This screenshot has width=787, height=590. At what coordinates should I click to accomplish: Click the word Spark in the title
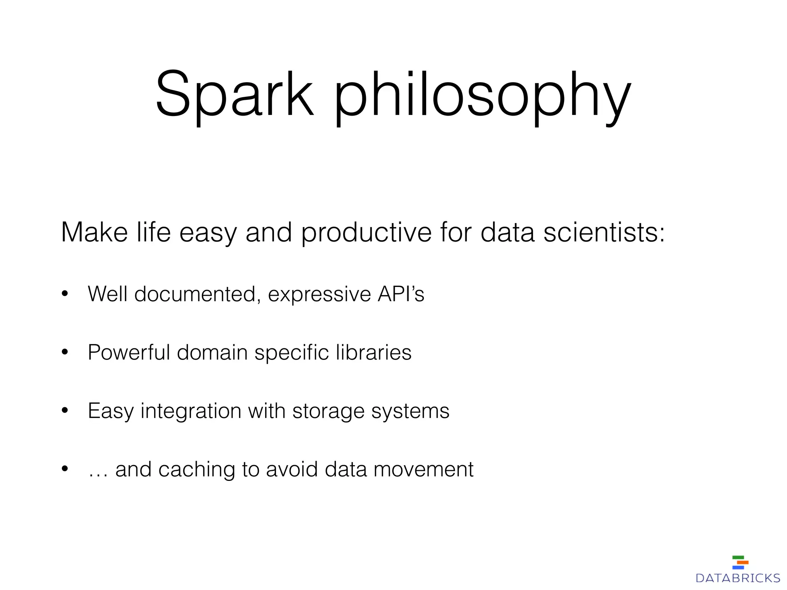tap(234, 94)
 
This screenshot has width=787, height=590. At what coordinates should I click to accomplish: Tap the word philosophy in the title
tap(482, 96)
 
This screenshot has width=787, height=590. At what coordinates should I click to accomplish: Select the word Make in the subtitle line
tap(94, 232)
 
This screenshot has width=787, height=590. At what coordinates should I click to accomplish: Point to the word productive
tap(366, 233)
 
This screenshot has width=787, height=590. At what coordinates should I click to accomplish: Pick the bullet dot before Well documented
tap(65, 294)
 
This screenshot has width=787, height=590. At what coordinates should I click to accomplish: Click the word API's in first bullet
tap(401, 294)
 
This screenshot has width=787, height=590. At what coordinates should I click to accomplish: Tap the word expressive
tap(319, 295)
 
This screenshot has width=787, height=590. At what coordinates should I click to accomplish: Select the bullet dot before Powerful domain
tap(65, 352)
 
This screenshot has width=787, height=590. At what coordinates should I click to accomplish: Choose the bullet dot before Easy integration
tap(65, 411)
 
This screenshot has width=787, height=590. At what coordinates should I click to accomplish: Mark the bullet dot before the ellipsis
tap(65, 469)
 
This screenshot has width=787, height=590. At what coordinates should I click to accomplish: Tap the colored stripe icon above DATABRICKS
tap(740, 562)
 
